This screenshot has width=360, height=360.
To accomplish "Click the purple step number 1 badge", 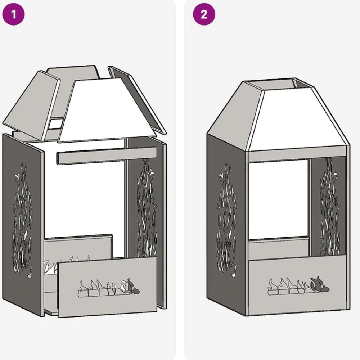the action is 13,14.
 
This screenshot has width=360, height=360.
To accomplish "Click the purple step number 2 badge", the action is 204,14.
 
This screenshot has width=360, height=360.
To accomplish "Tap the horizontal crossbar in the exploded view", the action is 107,156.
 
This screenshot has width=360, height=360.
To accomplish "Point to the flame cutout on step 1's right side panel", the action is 147,208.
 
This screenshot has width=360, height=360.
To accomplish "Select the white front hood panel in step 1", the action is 107,110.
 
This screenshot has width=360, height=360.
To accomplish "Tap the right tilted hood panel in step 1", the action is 137,100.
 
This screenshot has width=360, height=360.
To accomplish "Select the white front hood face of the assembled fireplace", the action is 298,120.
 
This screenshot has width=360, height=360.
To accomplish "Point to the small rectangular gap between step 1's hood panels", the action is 56,123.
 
